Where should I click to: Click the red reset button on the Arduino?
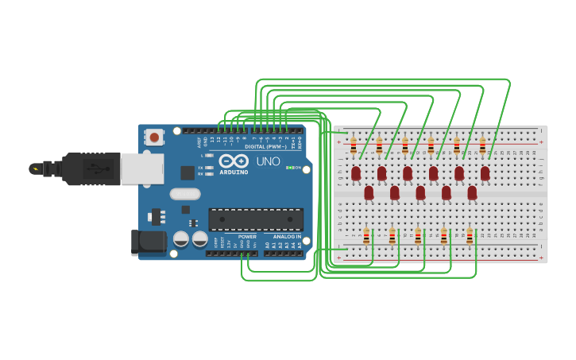coord(154,137)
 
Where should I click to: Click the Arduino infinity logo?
coord(234,161)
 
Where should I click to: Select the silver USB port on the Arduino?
coord(142,168)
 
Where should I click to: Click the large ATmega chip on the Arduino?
coord(255,219)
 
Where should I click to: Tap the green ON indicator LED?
coord(290,168)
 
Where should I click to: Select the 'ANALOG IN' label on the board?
coord(287,236)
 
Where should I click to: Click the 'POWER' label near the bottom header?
coord(247,236)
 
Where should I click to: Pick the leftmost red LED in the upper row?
coord(356,172)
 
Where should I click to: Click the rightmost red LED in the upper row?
coord(485,172)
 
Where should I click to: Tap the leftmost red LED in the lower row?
coord(369,192)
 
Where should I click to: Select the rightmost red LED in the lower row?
coord(472,192)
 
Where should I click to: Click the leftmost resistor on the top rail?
coord(354,145)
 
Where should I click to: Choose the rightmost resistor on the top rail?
coord(482,145)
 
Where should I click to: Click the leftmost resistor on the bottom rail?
coord(366,236)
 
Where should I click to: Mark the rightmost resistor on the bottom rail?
coord(470,236)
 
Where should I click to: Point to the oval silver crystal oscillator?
coord(185,193)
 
